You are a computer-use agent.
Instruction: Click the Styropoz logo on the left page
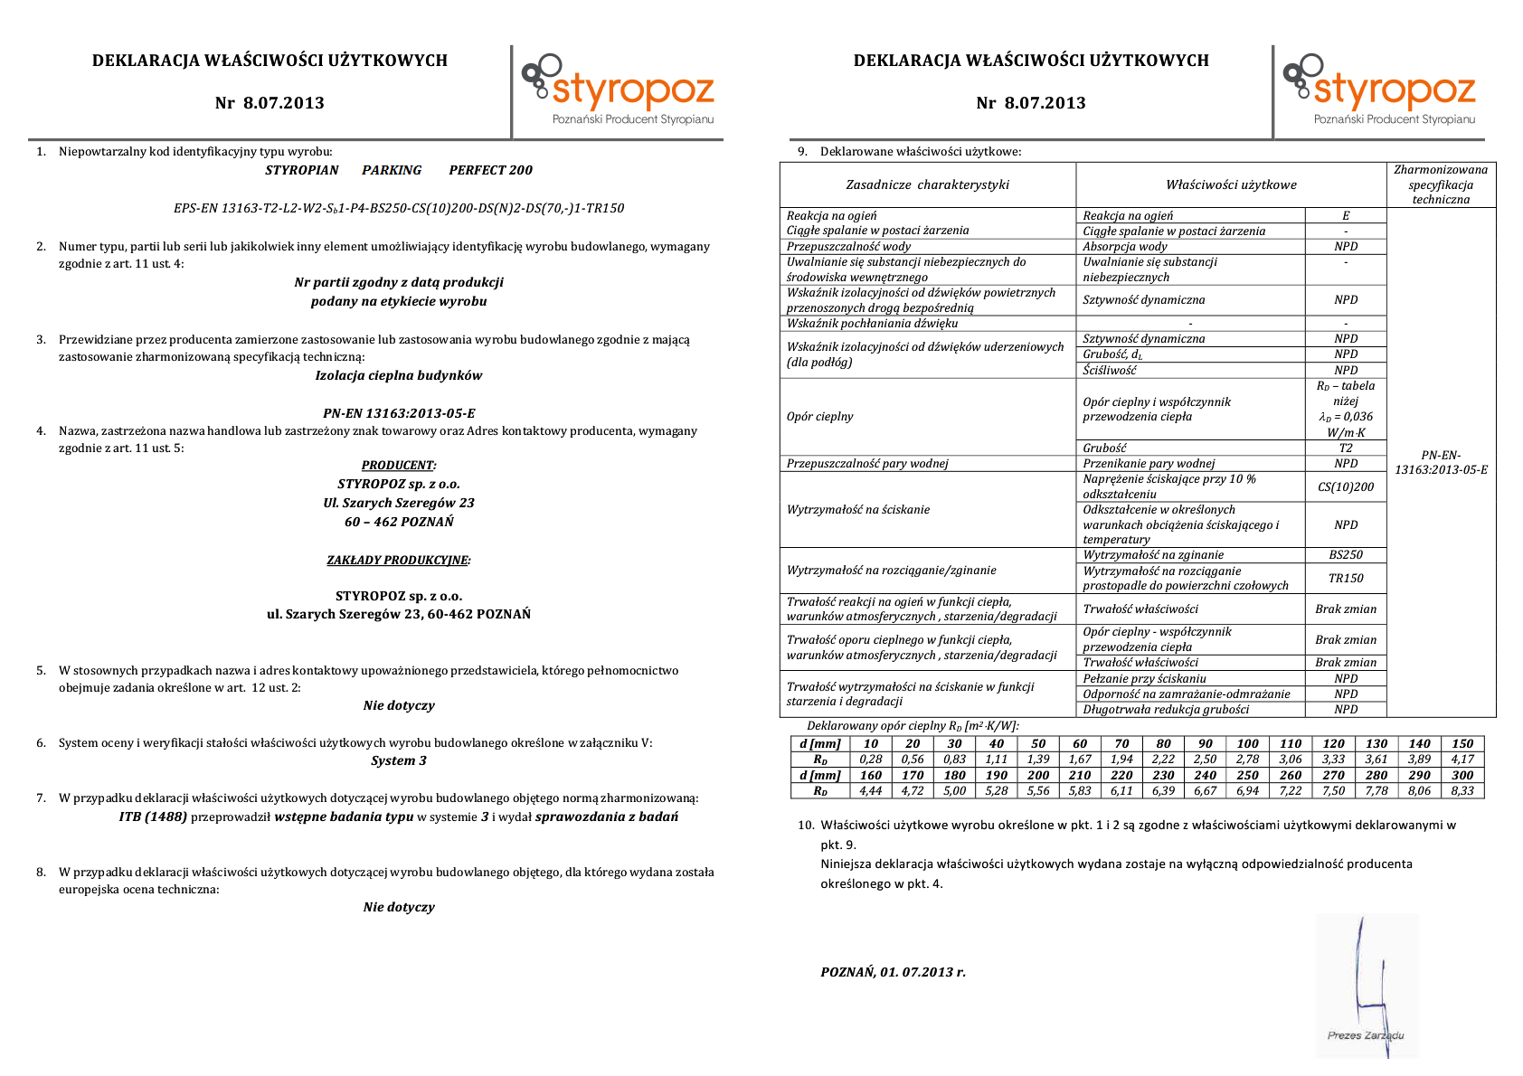[x=618, y=90]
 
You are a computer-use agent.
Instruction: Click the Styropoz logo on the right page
[x=1379, y=90]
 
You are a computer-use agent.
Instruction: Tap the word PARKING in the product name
[x=392, y=170]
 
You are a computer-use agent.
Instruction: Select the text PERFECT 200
[x=490, y=170]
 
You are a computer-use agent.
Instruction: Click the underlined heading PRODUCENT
[x=398, y=466]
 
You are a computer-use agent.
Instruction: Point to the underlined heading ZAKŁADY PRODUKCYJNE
[x=398, y=561]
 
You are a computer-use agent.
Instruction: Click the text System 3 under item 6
[x=398, y=761]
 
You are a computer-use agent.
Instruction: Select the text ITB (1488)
[x=153, y=817]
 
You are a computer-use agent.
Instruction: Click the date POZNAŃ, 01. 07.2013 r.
[x=893, y=973]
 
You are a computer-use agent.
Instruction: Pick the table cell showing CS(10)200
[x=1345, y=487]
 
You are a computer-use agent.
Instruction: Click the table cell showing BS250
[x=1345, y=555]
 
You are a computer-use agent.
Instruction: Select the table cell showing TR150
[x=1345, y=579]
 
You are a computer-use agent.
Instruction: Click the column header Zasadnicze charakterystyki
[x=927, y=185]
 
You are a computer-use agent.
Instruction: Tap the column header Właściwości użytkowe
[x=1230, y=185]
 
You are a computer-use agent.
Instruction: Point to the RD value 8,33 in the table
[x=1462, y=791]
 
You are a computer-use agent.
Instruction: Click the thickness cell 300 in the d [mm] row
[x=1462, y=776]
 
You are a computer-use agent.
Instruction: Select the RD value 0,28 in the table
[x=870, y=760]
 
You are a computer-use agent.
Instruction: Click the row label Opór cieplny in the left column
[x=819, y=417]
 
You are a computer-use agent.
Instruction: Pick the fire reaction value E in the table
[x=1345, y=216]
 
